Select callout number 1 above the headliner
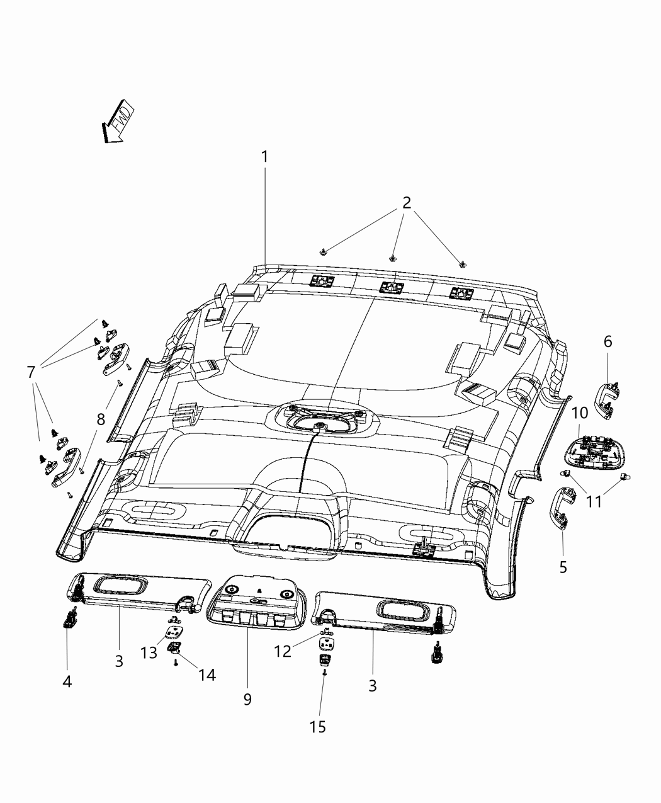[265, 156]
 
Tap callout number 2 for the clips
[407, 203]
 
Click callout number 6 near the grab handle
[607, 341]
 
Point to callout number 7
[30, 372]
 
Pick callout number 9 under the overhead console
[247, 698]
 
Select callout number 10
[579, 413]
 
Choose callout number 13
[149, 652]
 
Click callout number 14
[206, 675]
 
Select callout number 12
[283, 651]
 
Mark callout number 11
[594, 501]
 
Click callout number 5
[563, 567]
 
